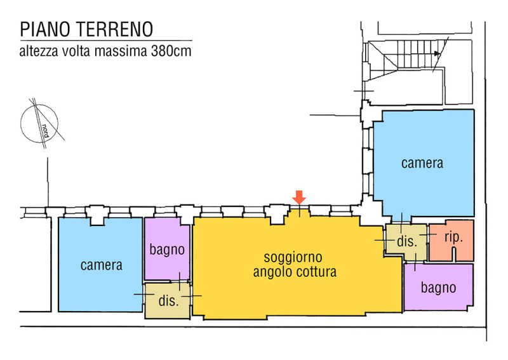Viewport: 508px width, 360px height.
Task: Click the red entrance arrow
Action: (299, 197)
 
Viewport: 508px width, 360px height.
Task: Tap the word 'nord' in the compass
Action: (45, 131)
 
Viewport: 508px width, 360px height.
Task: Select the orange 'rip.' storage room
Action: (451, 240)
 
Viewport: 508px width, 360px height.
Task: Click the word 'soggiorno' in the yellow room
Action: (293, 258)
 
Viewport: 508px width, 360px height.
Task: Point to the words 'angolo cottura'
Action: (295, 272)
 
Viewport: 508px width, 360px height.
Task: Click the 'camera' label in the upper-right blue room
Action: (422, 163)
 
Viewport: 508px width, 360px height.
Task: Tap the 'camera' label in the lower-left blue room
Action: (102, 265)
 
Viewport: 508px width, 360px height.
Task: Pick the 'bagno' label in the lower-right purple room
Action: (438, 288)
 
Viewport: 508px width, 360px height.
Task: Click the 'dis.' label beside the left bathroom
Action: (168, 301)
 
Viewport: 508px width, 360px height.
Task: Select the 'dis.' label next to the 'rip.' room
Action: (407, 241)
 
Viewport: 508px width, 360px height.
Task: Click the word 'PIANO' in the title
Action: (45, 29)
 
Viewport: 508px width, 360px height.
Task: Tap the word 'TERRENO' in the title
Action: (115, 29)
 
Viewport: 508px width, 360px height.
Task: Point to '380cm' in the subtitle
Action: (171, 51)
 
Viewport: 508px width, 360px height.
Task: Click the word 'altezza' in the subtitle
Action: (39, 51)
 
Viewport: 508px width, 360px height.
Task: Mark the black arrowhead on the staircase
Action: (438, 54)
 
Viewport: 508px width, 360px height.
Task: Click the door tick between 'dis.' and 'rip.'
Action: (428, 234)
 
